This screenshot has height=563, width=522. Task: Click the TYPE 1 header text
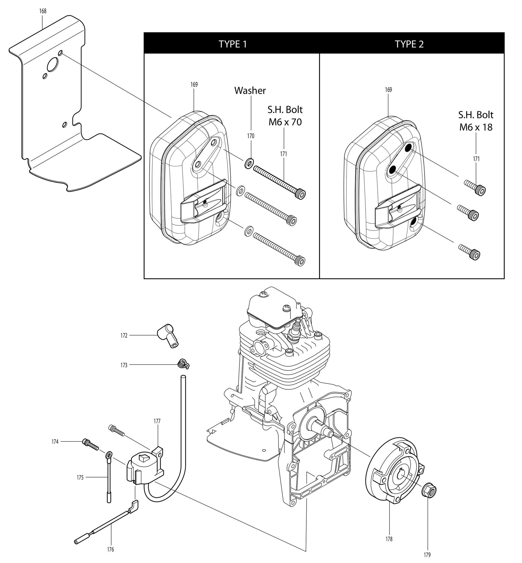[x=233, y=44]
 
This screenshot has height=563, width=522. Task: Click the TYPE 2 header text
[x=409, y=44]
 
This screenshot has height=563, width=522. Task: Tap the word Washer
[x=250, y=91]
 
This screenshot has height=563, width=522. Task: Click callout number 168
[x=43, y=11]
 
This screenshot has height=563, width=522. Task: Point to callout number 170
[x=251, y=136]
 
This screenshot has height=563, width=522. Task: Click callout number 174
[x=55, y=441]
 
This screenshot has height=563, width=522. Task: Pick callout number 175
[x=80, y=477]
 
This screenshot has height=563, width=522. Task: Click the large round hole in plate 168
[x=53, y=65]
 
